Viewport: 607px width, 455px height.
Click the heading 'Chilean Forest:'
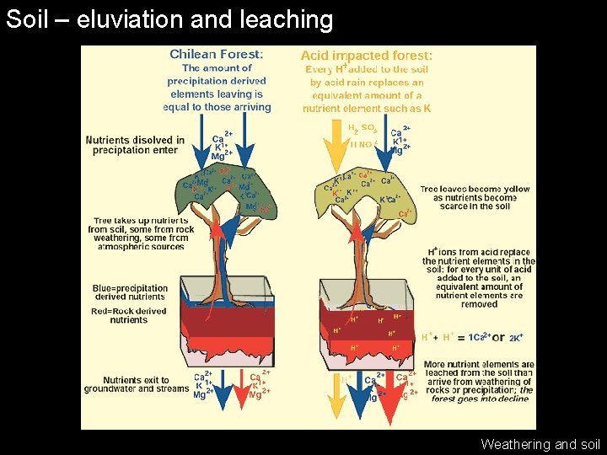(217, 55)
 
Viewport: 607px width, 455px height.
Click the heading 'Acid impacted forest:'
(367, 55)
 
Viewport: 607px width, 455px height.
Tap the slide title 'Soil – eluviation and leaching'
(169, 19)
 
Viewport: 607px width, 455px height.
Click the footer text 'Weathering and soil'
(540, 444)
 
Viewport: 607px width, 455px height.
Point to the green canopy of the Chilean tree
(223, 190)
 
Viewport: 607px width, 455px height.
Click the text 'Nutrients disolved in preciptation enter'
(135, 145)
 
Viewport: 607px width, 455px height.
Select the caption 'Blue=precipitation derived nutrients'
(130, 292)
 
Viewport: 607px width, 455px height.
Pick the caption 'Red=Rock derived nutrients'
(129, 315)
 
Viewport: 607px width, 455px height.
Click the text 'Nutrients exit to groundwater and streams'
(137, 385)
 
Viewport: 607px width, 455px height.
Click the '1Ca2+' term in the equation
(480, 337)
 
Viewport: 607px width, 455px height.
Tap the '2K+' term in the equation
(516, 337)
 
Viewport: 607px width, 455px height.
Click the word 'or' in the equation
(498, 337)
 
